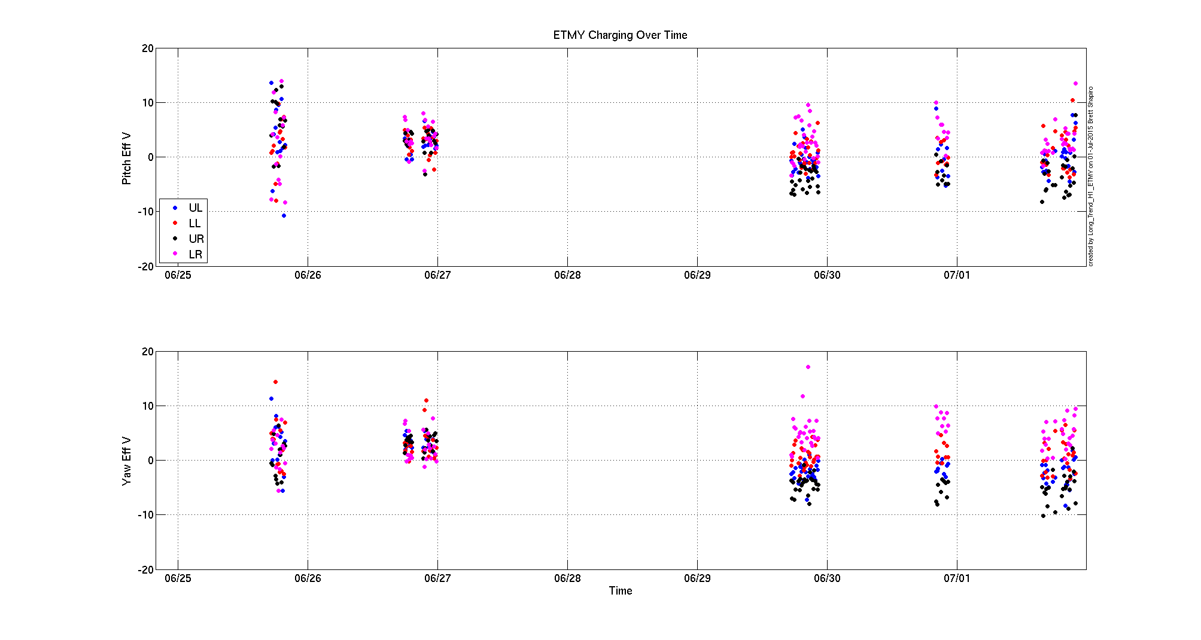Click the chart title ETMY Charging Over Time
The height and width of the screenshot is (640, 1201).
point(620,35)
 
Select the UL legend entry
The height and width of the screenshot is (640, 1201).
point(195,208)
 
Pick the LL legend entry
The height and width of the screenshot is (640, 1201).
point(194,224)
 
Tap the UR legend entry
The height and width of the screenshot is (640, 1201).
point(196,239)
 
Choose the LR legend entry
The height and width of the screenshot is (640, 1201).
point(195,255)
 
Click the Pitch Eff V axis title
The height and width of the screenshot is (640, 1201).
point(127,158)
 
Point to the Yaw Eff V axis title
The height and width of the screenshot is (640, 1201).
point(127,461)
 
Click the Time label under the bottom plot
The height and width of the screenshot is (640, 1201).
point(621,591)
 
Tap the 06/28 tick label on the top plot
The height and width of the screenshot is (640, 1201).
point(567,275)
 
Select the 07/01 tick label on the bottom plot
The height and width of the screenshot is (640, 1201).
point(957,578)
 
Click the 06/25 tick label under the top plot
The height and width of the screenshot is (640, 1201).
point(178,275)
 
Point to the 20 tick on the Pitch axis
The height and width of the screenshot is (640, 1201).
point(147,48)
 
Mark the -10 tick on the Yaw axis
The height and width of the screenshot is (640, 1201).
point(145,515)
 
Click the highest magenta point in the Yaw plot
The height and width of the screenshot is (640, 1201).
point(808,367)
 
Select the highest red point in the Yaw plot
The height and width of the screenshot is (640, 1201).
point(275,382)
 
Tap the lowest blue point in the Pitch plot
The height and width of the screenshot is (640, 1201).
point(284,216)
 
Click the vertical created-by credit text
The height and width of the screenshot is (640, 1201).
point(1091,176)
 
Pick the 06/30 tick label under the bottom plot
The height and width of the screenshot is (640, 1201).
point(827,578)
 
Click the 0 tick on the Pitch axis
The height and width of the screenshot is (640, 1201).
point(150,157)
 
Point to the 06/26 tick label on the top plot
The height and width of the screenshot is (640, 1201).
point(308,275)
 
